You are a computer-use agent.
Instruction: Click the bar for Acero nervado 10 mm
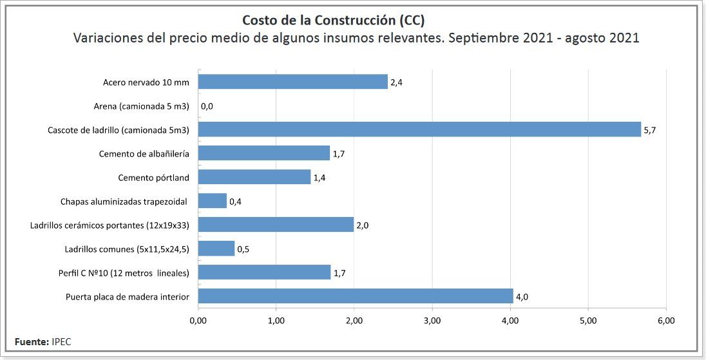292,82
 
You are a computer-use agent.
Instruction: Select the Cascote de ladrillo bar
419,129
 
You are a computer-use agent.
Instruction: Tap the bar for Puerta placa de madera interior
355,296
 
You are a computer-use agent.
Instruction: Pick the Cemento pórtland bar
254,177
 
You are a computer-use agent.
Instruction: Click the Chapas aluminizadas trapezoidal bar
212,201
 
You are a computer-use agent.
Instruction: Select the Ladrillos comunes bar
216,249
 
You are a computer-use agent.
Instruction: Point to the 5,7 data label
650,130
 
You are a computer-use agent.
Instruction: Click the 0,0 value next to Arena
207,106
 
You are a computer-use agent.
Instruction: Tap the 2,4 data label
396,82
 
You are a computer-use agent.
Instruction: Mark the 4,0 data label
522,297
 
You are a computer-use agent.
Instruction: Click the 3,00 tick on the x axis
432,320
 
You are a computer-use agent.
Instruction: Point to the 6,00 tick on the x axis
665,320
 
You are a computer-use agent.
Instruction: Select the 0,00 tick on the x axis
198,320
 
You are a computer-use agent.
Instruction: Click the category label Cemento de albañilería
144,154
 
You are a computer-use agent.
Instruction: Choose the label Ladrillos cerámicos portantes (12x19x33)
110,225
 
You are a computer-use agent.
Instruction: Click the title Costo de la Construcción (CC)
333,20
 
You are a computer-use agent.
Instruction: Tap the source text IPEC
61,341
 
